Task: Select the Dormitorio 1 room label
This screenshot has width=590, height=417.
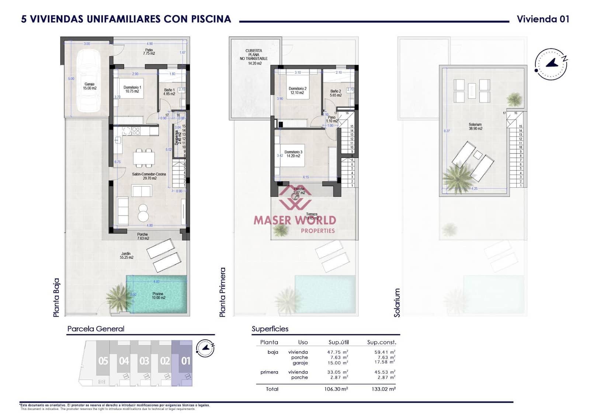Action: click(132, 89)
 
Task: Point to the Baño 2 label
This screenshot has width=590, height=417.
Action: click(336, 93)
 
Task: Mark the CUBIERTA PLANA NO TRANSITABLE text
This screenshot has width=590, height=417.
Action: click(254, 57)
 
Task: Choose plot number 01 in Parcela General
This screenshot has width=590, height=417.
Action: click(186, 361)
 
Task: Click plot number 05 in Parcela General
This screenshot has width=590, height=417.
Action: click(103, 361)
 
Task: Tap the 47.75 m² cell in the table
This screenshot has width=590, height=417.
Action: click(337, 352)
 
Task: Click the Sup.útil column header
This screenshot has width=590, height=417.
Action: click(339, 342)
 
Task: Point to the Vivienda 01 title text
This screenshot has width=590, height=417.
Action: click(543, 19)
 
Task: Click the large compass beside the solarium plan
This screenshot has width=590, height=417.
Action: click(551, 63)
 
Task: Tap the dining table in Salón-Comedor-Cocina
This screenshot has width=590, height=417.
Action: click(144, 158)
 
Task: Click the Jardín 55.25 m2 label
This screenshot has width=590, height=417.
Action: click(126, 255)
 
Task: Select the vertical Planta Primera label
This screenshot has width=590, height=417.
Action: click(222, 292)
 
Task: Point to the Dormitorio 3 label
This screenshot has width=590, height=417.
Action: click(293, 154)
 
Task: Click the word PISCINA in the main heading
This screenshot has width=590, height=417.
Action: click(211, 19)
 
